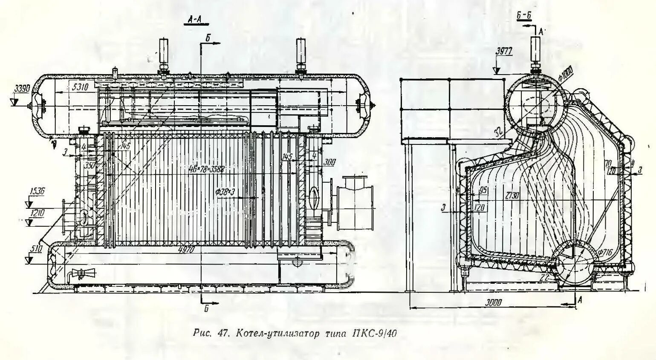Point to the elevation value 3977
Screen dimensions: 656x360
(504, 52)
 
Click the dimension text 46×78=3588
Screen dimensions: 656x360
(206, 169)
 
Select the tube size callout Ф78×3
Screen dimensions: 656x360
(226, 192)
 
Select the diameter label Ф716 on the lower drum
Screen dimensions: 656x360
(605, 253)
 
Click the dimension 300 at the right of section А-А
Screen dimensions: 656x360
(329, 162)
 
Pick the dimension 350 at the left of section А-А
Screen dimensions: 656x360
(89, 165)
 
